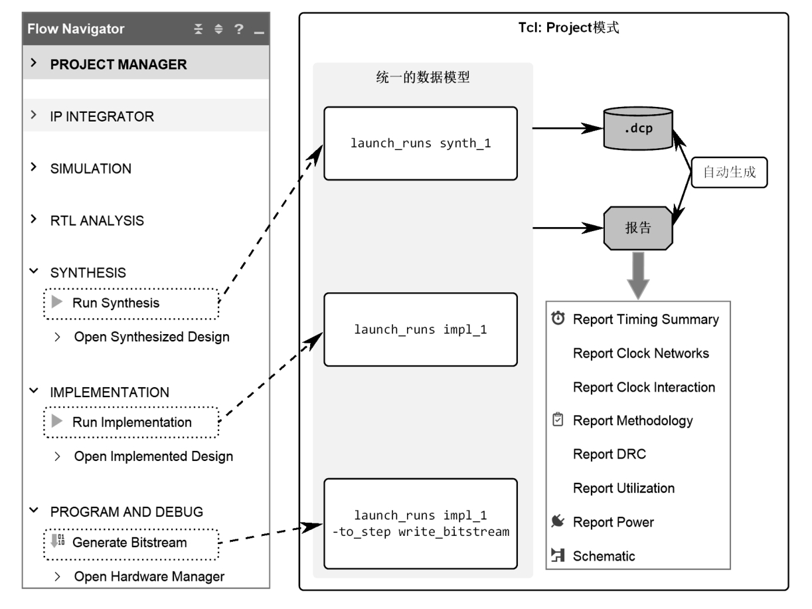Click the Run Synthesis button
[x=116, y=304]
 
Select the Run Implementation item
[x=131, y=422]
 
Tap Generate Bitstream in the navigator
[x=129, y=543]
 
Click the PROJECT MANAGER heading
[x=118, y=64]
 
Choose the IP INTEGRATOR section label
[x=102, y=116]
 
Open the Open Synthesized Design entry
[x=151, y=337]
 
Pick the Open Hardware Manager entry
[x=149, y=576]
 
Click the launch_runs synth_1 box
[x=420, y=143]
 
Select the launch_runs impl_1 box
[x=420, y=329]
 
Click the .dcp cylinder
[x=638, y=130]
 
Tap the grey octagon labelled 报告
[x=638, y=228]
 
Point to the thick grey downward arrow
[x=637, y=273]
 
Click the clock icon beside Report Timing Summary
[x=558, y=319]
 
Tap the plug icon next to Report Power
[x=558, y=522]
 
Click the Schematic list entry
[x=604, y=556]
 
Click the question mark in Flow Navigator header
[x=238, y=29]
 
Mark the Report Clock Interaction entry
[x=643, y=387]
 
